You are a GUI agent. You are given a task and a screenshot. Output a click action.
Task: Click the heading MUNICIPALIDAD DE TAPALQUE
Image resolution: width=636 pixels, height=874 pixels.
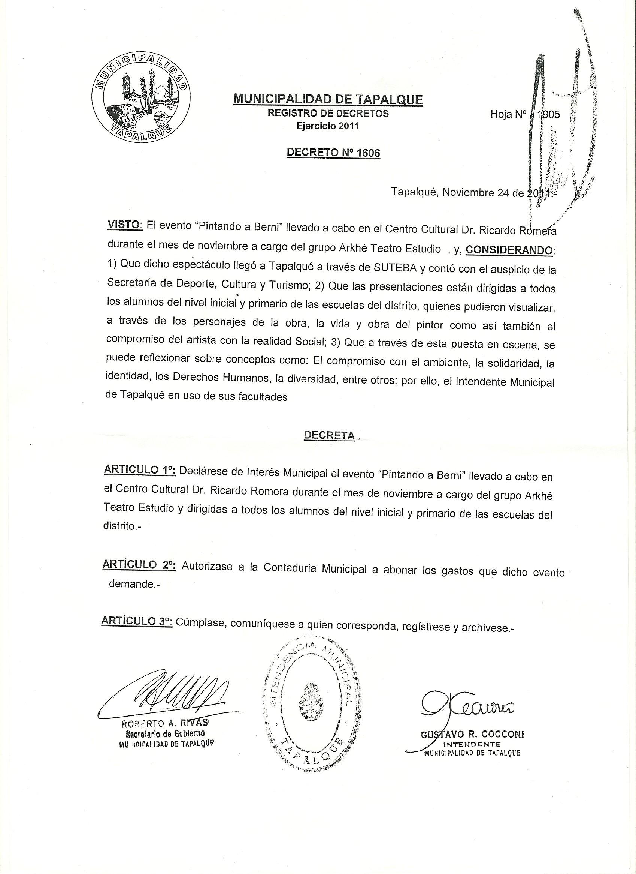coord(328,99)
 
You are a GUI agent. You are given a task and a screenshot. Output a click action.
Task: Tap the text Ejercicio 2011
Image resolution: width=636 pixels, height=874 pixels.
coord(328,126)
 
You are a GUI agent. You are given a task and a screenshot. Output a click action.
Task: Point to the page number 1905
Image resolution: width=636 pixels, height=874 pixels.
coord(548,114)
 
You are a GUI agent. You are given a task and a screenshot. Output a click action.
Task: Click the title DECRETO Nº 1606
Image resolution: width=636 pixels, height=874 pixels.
coord(333,153)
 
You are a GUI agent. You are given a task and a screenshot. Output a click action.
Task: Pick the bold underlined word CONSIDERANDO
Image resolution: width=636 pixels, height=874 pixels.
coord(509,250)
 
